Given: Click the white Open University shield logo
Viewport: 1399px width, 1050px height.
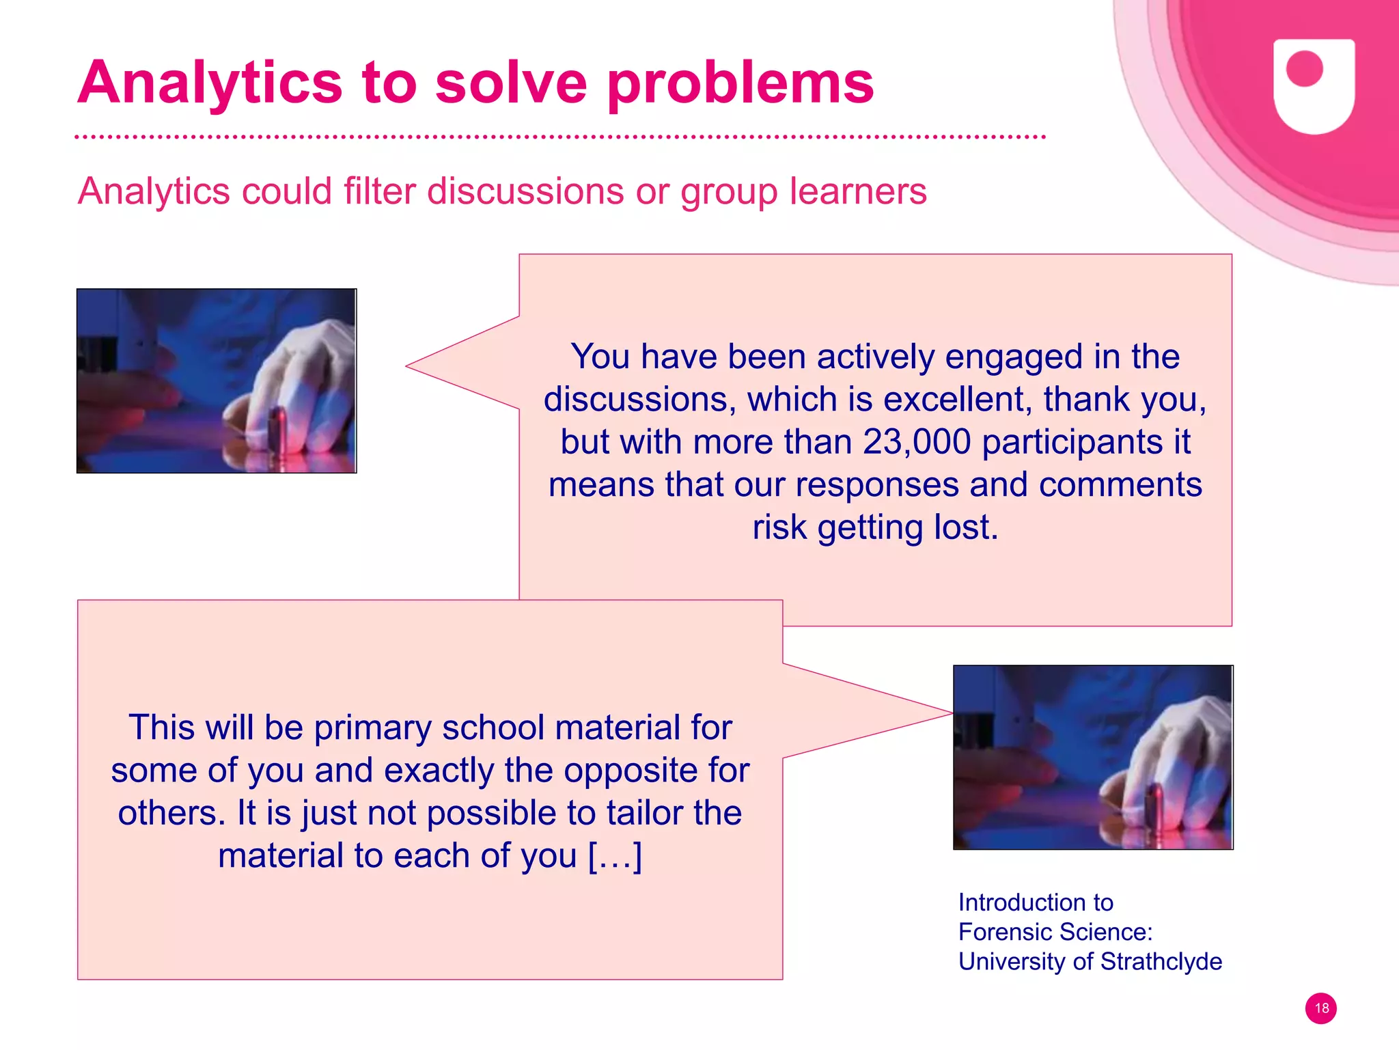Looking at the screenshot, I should click(x=1314, y=85).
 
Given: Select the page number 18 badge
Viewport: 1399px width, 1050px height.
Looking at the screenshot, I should click(x=1321, y=1008).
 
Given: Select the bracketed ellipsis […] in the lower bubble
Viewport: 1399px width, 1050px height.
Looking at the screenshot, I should click(x=615, y=855).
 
